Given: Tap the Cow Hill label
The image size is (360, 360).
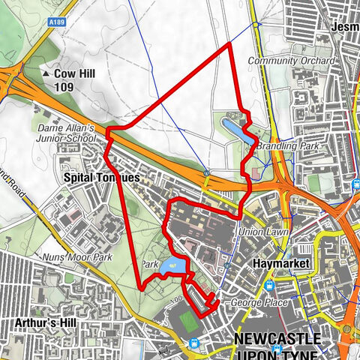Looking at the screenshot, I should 75,74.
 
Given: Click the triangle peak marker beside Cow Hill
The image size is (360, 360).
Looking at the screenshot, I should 46,75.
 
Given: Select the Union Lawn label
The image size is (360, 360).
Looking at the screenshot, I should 258,232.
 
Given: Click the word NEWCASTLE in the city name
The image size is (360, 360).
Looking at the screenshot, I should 277,339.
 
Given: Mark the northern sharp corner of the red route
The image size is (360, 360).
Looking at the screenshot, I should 229,44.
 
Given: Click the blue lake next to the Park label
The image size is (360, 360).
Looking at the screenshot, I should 173,265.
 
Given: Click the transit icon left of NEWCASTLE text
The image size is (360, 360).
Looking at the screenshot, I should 195,343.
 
